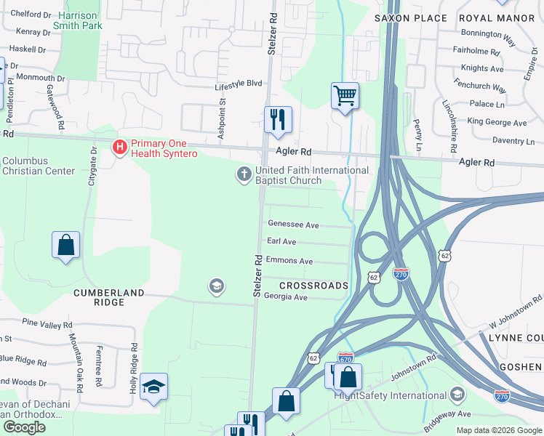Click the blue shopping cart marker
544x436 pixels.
(x=345, y=95)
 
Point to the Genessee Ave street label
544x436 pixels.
(x=293, y=225)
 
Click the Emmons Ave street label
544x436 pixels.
(x=289, y=261)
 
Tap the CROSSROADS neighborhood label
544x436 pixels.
(x=313, y=286)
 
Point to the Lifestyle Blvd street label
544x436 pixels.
(x=238, y=84)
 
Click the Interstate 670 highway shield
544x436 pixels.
(x=346, y=358)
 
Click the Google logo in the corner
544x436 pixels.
(x=24, y=427)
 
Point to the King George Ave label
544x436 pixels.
(x=497, y=123)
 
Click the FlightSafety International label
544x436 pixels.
(x=391, y=395)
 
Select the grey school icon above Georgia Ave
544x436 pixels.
(x=215, y=286)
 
